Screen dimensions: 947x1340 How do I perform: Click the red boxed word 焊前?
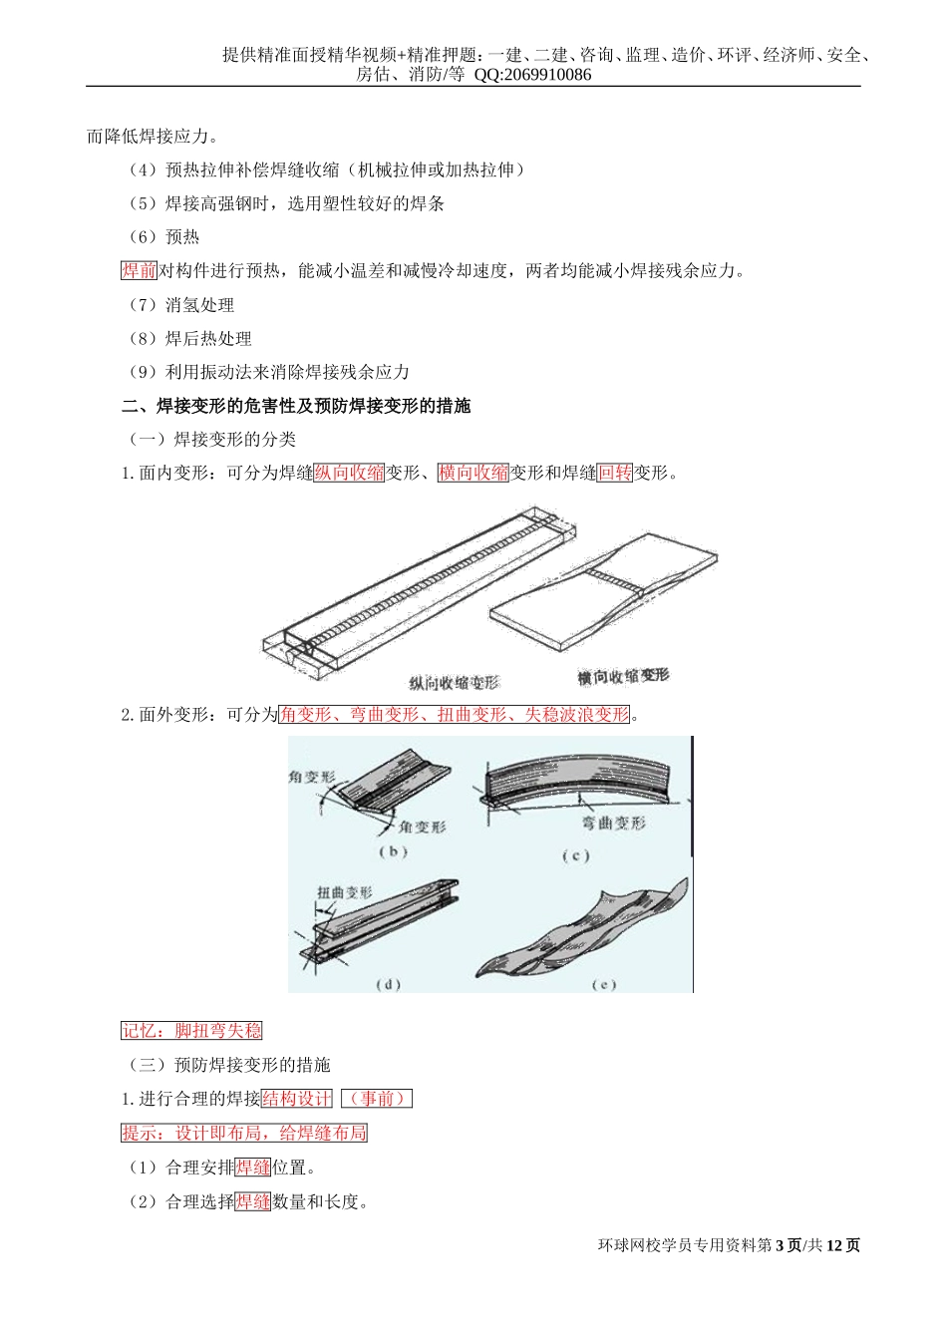pyautogui.click(x=139, y=271)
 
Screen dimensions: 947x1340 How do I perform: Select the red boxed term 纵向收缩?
pyautogui.click(x=349, y=474)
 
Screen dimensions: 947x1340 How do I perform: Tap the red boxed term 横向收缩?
pyautogui.click(x=473, y=474)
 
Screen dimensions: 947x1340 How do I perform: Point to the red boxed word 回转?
pyautogui.click(x=614, y=474)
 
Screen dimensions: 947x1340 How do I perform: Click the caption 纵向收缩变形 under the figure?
pyautogui.click(x=454, y=683)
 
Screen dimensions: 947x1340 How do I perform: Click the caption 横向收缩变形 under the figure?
pyautogui.click(x=623, y=677)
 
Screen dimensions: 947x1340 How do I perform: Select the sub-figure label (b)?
pyautogui.click(x=393, y=851)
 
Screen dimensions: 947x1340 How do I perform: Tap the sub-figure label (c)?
pyautogui.click(x=575, y=856)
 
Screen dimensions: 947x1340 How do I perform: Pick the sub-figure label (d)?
pyautogui.click(x=388, y=985)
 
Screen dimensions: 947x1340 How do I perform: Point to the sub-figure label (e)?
pyautogui.click(x=603, y=985)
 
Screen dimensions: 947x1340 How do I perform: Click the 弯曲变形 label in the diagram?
pyautogui.click(x=614, y=824)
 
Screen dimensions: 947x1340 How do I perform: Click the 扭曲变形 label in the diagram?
pyautogui.click(x=345, y=892)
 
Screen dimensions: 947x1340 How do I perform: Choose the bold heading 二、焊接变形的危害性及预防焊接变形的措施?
pyautogui.click(x=296, y=406)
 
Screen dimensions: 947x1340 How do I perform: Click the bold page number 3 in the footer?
pyautogui.click(x=779, y=1245)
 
